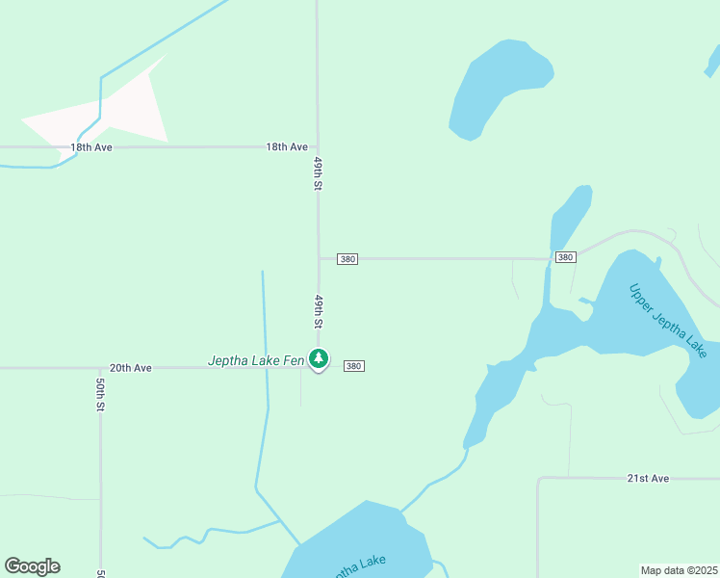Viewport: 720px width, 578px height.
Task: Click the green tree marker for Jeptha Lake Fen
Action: pos(319,359)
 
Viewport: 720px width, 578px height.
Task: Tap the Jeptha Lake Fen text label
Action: pos(256,361)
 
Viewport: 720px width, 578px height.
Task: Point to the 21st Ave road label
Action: pos(647,479)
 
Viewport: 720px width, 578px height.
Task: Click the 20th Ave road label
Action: pos(130,368)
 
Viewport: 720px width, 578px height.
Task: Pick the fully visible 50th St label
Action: pos(100,394)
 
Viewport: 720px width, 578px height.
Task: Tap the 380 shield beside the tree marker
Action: pos(353,366)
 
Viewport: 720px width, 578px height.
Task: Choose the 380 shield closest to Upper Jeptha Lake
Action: pos(565,257)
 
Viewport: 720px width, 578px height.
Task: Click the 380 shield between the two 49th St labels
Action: pos(347,259)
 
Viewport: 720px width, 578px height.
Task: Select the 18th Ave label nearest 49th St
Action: pos(287,147)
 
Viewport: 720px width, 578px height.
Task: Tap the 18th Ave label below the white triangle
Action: pos(91,147)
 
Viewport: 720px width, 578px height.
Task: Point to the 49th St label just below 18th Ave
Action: pos(317,173)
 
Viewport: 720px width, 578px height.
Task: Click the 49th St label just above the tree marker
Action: pos(317,311)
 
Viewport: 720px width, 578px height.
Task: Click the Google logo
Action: pos(32,566)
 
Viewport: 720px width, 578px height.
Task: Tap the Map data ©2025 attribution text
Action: pos(679,570)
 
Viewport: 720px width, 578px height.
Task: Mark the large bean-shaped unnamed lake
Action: pos(498,87)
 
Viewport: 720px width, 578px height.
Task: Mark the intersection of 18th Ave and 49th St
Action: pos(318,147)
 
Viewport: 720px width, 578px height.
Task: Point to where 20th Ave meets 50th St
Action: pos(100,368)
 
